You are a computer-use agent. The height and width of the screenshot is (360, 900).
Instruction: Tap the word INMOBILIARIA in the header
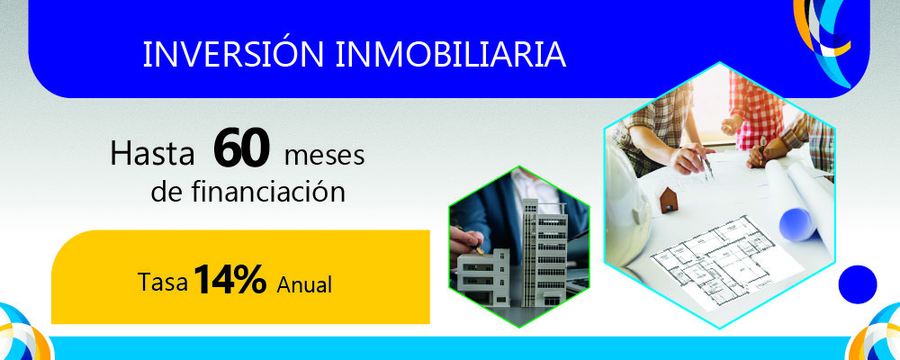pyautogui.click(x=451, y=54)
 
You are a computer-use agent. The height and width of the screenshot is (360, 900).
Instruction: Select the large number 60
pyautogui.click(x=242, y=151)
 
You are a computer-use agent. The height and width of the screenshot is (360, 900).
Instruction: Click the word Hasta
pyautogui.click(x=152, y=155)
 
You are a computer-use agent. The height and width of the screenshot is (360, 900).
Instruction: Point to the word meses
pyautogui.click(x=324, y=156)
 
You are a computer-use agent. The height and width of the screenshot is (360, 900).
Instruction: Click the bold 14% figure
pyautogui.click(x=229, y=281)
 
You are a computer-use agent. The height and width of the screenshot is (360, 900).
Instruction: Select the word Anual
pyautogui.click(x=305, y=285)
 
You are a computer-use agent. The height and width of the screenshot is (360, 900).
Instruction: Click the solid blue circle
pyautogui.click(x=857, y=284)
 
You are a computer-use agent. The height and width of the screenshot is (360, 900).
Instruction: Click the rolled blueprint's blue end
pyautogui.click(x=797, y=220)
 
